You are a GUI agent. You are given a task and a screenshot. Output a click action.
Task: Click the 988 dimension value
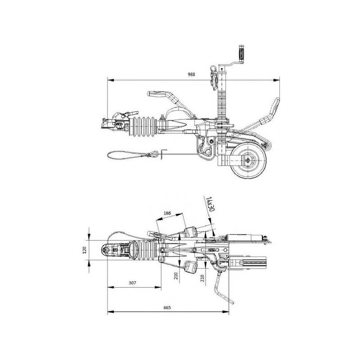point(191,74)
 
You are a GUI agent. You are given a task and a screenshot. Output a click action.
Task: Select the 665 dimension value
point(167,307)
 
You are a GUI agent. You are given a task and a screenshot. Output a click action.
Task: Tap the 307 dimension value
point(132,283)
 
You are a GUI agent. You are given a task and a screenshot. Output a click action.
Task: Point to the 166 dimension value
point(167,213)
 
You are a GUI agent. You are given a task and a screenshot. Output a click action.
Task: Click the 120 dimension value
point(84,250)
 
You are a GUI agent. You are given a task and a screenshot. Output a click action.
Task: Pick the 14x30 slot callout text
point(209,204)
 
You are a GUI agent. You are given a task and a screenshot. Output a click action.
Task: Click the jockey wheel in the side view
point(248,160)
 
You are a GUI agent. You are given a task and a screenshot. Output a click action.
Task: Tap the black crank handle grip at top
point(241,52)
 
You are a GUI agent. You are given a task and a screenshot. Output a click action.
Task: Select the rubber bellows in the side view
point(143,127)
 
